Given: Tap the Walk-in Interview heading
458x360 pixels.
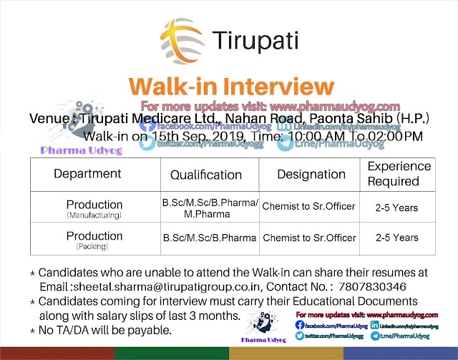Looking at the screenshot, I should (x=231, y=87).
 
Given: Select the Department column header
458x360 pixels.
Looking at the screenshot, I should (x=87, y=174).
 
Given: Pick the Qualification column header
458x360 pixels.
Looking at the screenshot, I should (x=206, y=175).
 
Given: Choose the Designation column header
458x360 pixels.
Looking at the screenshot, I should (x=311, y=174).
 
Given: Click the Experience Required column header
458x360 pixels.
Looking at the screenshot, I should (x=399, y=174).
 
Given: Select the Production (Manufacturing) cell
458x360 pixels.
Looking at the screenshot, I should (x=94, y=208).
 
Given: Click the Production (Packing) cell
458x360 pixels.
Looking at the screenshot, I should (x=94, y=239).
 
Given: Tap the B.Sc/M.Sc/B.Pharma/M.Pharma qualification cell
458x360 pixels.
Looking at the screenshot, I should (x=210, y=208).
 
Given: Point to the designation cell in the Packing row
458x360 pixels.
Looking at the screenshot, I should (x=308, y=238).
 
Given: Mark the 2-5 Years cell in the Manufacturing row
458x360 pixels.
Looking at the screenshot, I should (x=396, y=208).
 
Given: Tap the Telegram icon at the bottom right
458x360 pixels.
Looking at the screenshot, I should (x=376, y=335).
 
